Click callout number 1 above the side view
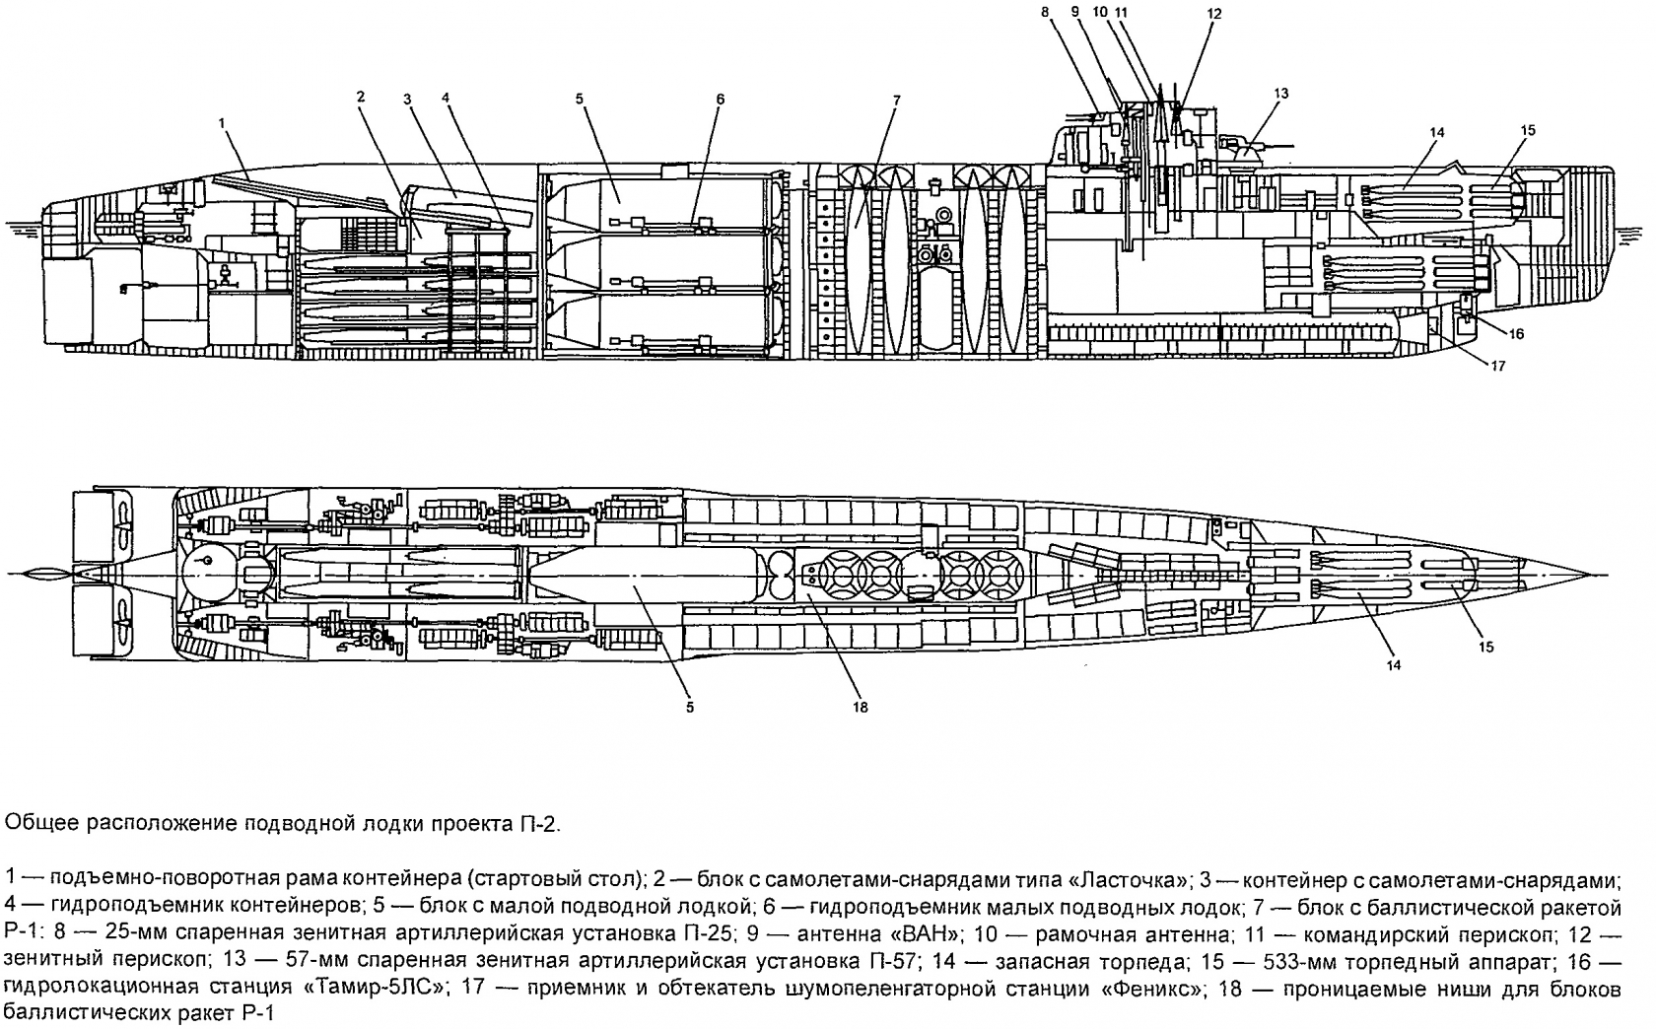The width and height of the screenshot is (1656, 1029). click(223, 122)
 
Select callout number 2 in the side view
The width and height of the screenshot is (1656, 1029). click(361, 97)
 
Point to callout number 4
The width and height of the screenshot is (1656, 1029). click(446, 98)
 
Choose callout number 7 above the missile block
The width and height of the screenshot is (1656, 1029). click(895, 100)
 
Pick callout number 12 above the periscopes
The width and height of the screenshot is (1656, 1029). click(1213, 14)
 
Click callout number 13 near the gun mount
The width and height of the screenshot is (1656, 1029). click(1280, 94)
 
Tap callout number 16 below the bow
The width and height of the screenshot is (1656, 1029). click(1516, 334)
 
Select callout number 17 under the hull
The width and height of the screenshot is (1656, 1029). click(1497, 366)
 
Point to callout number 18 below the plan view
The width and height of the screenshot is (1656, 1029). click(861, 707)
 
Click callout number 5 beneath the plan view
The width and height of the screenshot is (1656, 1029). click(690, 707)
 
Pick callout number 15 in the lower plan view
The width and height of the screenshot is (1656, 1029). click(1486, 647)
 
